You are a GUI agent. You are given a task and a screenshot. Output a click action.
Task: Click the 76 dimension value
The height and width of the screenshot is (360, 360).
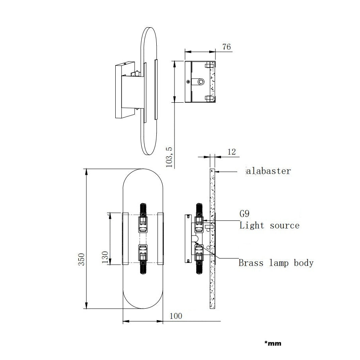(x=226, y=47)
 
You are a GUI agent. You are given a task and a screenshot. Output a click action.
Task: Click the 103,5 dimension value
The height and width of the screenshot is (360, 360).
(x=169, y=157)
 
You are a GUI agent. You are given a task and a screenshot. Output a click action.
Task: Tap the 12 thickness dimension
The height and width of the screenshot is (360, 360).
(x=232, y=152)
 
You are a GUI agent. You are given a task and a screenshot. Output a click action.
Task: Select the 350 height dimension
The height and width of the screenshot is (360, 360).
(x=81, y=259)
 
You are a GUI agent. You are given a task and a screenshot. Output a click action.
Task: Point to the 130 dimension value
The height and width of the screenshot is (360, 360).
(x=105, y=257)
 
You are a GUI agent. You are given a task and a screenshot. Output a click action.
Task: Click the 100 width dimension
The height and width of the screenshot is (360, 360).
(x=176, y=316)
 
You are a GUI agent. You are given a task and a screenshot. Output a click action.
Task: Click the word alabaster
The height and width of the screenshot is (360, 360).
(x=268, y=171)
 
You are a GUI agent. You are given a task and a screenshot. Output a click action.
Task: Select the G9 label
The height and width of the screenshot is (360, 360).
(x=244, y=214)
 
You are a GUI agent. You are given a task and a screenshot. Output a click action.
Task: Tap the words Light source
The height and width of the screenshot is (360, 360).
(x=269, y=225)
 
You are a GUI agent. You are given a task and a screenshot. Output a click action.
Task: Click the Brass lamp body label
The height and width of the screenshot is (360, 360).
(x=276, y=263)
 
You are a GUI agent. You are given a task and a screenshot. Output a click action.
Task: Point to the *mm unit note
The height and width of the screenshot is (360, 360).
(x=273, y=343)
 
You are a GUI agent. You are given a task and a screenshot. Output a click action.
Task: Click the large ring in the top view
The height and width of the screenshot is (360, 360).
(x=201, y=81)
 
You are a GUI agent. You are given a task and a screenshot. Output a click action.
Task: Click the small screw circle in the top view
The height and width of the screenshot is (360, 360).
(x=188, y=81)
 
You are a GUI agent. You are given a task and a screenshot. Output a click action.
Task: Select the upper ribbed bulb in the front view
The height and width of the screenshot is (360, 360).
(x=143, y=210)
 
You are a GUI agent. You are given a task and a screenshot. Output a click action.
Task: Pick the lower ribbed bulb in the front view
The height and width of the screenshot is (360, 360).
(x=143, y=267)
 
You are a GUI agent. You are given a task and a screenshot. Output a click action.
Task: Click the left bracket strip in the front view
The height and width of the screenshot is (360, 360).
(x=125, y=238)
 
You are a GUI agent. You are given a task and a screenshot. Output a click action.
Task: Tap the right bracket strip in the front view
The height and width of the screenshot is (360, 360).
(x=161, y=238)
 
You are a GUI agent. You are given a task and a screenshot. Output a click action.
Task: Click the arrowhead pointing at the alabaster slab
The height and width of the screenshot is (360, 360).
(x=217, y=171)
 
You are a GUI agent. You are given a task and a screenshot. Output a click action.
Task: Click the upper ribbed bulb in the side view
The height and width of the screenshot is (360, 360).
(x=199, y=210)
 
